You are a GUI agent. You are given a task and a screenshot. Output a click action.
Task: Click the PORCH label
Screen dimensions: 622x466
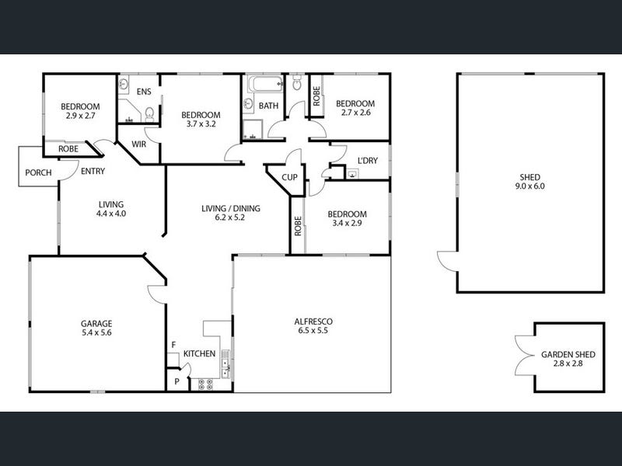(38, 172)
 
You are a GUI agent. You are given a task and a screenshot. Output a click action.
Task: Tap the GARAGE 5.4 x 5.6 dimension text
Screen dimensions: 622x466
(96, 333)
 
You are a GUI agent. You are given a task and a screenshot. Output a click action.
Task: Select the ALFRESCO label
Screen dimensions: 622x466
(313, 322)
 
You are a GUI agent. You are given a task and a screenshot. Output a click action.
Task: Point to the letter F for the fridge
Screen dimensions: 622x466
(173, 345)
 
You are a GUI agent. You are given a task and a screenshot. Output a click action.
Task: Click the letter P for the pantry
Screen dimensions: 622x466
(177, 381)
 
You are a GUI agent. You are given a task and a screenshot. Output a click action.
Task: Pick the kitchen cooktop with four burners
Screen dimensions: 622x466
(205, 384)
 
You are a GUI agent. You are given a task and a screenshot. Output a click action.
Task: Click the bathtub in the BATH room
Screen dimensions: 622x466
(266, 84)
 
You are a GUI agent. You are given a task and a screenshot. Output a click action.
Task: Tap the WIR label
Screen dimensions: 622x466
(139, 144)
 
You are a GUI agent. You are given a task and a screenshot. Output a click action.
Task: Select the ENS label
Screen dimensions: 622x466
(144, 92)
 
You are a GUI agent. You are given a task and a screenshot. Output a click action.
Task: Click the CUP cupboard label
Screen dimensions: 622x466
(289, 178)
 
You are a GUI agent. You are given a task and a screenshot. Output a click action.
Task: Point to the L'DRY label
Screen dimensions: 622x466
(368, 161)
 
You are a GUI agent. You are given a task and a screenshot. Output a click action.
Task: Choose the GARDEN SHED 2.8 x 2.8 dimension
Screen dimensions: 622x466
(568, 363)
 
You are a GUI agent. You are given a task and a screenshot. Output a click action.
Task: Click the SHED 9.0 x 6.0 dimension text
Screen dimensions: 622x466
(530, 186)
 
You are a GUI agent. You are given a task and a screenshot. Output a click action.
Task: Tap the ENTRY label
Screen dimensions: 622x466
(93, 171)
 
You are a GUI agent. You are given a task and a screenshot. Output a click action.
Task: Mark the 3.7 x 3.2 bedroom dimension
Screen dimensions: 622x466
(201, 124)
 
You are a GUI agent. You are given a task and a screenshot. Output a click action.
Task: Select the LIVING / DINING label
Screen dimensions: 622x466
(231, 208)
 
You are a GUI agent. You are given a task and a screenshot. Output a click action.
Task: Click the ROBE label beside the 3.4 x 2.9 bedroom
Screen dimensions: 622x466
(298, 226)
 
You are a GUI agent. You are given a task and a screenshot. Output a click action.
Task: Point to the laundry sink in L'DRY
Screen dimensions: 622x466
(353, 173)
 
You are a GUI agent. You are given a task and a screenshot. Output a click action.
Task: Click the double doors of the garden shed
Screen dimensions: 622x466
(524, 356)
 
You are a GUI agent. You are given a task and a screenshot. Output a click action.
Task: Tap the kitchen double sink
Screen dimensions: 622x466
(225, 363)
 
